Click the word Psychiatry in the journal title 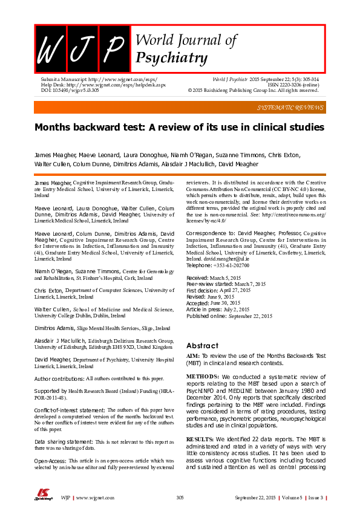click(x=172, y=58)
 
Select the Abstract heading click(x=202, y=345)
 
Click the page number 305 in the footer click(x=180, y=497)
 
